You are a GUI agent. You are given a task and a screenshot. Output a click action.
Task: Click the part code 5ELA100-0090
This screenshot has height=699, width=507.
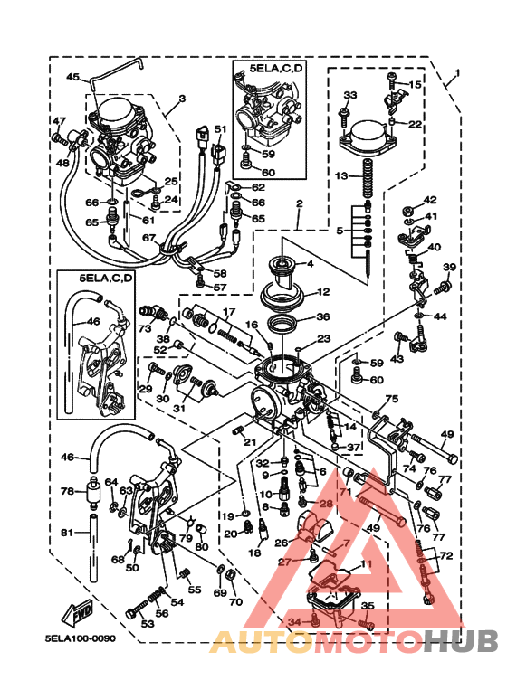pyautogui.click(x=81, y=638)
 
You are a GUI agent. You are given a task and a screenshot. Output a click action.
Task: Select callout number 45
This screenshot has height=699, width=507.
pyautogui.click(x=72, y=77)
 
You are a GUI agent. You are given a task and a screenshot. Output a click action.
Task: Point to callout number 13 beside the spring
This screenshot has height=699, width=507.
pyautogui.click(x=341, y=175)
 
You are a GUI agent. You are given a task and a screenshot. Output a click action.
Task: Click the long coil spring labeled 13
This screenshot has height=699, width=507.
pyautogui.click(x=368, y=178)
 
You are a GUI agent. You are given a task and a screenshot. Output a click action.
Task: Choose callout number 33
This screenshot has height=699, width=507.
pyautogui.click(x=350, y=94)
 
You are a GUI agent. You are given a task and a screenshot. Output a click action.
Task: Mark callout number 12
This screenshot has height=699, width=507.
pyautogui.click(x=322, y=292)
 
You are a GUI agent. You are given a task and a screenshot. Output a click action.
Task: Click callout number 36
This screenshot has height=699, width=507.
pyautogui.click(x=322, y=317)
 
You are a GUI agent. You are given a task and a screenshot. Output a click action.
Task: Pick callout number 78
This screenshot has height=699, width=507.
pyautogui.click(x=66, y=491)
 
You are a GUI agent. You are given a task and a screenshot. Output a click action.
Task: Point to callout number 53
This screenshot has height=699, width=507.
pyautogui.click(x=147, y=623)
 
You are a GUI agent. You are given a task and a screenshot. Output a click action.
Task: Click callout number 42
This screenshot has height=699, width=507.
pyautogui.click(x=430, y=200)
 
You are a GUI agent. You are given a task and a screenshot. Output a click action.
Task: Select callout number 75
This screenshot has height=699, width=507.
pyautogui.click(x=391, y=399)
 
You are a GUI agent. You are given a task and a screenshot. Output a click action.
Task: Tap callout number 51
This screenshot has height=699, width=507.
pyautogui.click(x=219, y=129)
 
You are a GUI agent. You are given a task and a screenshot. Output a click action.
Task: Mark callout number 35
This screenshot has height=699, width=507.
pyautogui.click(x=367, y=607)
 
